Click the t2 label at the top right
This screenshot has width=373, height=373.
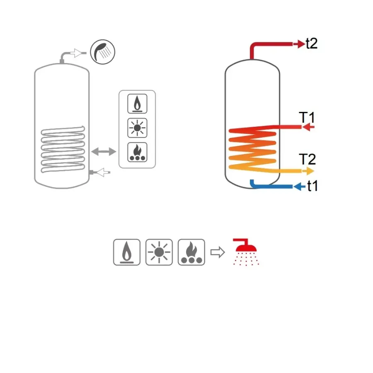[x=312, y=44]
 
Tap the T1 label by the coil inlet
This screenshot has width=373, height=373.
[x=307, y=117]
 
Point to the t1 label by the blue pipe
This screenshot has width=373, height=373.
[x=312, y=186]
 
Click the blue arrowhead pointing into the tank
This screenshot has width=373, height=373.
[x=299, y=186]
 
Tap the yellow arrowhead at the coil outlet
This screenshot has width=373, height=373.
[x=308, y=171]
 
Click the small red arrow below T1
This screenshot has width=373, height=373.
[x=308, y=127]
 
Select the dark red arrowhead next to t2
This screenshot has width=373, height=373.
[x=299, y=44]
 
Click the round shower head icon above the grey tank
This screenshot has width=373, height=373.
[x=102, y=52]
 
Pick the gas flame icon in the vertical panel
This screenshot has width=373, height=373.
[x=137, y=104]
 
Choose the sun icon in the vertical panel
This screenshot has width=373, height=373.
[x=137, y=128]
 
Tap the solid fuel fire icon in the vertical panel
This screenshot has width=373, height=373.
[x=137, y=152]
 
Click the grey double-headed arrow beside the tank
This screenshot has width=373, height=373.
[x=104, y=151]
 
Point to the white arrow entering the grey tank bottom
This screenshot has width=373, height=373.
[x=102, y=172]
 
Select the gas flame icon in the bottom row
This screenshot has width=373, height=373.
[x=127, y=252]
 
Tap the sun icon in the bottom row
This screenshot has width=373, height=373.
[x=159, y=252]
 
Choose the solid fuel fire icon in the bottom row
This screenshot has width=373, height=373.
[x=191, y=252]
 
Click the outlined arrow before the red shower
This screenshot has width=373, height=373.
[x=218, y=252]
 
